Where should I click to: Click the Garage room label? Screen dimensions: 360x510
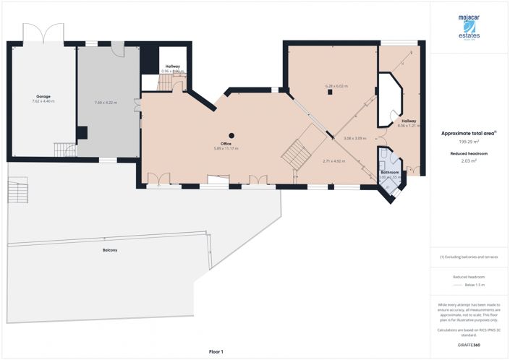click(43, 96)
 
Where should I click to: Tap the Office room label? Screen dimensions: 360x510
click(226, 144)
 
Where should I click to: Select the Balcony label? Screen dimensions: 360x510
click(110, 250)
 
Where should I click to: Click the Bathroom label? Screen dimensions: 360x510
click(391, 172)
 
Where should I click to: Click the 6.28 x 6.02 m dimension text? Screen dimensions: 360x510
click(336, 86)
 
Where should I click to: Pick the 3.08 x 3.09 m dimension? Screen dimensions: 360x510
click(354, 138)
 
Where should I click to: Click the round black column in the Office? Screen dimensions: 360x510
click(231, 135)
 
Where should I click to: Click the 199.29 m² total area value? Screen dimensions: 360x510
click(469, 142)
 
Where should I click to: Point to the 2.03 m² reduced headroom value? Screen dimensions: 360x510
click(469, 160)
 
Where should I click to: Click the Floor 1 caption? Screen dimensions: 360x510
click(216, 351)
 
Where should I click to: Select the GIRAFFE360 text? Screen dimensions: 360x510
click(469, 345)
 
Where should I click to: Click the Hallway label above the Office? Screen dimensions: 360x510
click(172, 67)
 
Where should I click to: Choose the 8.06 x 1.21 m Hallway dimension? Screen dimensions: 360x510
click(409, 126)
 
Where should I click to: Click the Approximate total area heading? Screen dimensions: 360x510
click(469, 134)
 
